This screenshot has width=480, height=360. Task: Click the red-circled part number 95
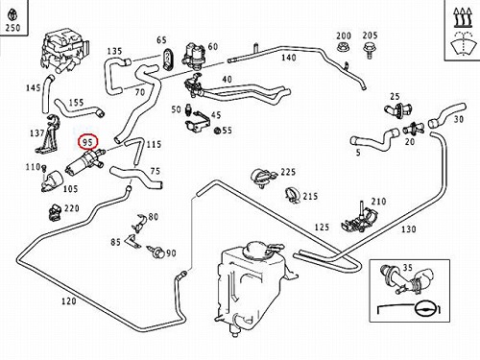[x=87, y=142]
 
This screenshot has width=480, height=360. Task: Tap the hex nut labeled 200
[x=343, y=48]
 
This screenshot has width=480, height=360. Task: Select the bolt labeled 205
[x=369, y=50]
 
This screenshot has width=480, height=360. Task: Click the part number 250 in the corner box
[x=12, y=28]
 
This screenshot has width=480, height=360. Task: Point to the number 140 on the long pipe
[x=289, y=58]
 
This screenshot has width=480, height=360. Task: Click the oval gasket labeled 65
[x=168, y=60]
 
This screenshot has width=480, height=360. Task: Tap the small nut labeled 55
[x=217, y=131]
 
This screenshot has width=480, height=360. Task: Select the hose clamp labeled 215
[x=292, y=194]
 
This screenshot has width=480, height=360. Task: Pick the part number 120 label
[x=69, y=301]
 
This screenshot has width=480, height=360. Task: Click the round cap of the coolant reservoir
[x=256, y=250]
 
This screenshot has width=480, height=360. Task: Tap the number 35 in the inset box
[x=407, y=267]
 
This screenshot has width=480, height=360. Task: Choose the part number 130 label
[x=409, y=229]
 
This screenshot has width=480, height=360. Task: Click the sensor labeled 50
[x=188, y=110]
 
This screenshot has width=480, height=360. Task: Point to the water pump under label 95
[x=85, y=161]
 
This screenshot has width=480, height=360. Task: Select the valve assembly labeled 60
[x=194, y=55]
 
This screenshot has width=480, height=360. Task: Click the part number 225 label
[x=288, y=172]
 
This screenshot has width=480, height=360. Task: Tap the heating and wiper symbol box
[x=463, y=30]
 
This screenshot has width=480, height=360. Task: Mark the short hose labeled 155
[x=79, y=109]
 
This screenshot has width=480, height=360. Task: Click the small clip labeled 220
[x=55, y=212]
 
